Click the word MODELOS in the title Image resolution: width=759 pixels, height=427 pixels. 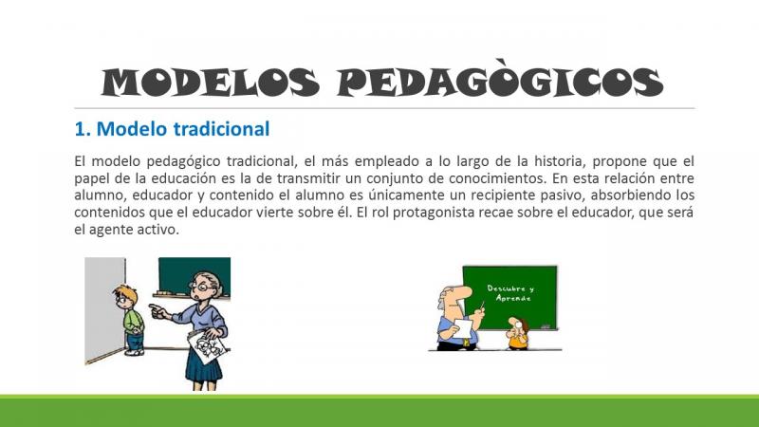[x=211, y=82]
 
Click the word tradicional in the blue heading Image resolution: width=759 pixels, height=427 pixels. [x=221, y=129]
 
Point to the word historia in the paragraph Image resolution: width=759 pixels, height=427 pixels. [x=559, y=160]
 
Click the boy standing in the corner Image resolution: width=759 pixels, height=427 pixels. [x=130, y=320]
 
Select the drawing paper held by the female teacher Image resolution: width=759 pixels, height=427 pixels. [x=207, y=345]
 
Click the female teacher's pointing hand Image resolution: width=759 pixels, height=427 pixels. [x=157, y=310]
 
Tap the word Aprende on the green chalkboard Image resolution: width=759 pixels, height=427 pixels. [x=513, y=298]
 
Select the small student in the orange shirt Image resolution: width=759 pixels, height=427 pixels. [x=518, y=333]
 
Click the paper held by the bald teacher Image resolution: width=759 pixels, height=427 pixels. [x=463, y=327]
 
